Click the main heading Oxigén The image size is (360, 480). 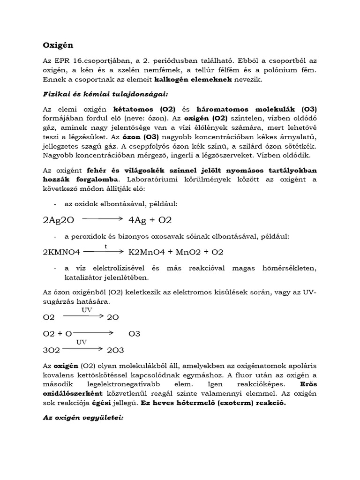(x=58, y=45)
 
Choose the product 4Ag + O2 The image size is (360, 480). (x=150, y=219)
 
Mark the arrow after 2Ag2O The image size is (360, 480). (x=103, y=218)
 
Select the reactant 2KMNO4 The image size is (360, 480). (x=61, y=252)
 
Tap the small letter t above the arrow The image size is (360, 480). (x=105, y=246)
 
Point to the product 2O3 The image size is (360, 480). (x=116, y=350)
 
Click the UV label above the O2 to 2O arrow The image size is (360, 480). (x=87, y=310)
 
